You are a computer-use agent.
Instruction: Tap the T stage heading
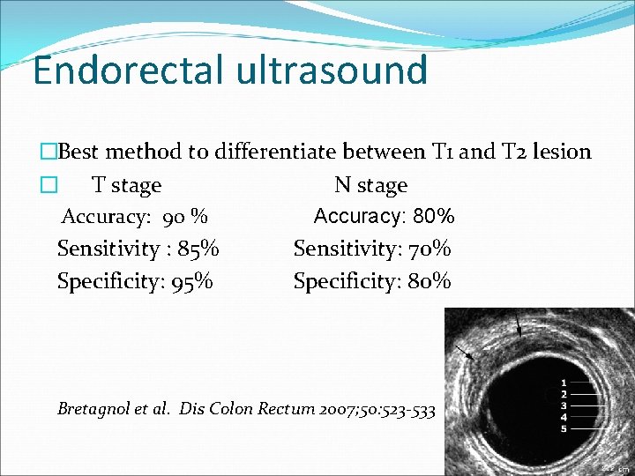127,185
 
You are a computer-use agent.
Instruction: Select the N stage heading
370,185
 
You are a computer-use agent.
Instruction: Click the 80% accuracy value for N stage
433,216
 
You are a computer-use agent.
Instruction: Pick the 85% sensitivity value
198,249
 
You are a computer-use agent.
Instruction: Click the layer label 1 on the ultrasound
564,383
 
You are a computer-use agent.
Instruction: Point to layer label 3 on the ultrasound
564,405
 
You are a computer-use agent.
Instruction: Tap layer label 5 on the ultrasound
564,428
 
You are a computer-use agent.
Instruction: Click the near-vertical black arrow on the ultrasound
519,326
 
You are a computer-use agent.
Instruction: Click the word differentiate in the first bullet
271,152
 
